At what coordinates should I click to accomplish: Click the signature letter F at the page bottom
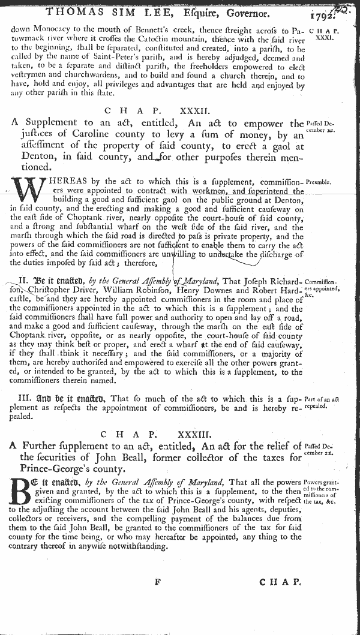coord(158,582)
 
